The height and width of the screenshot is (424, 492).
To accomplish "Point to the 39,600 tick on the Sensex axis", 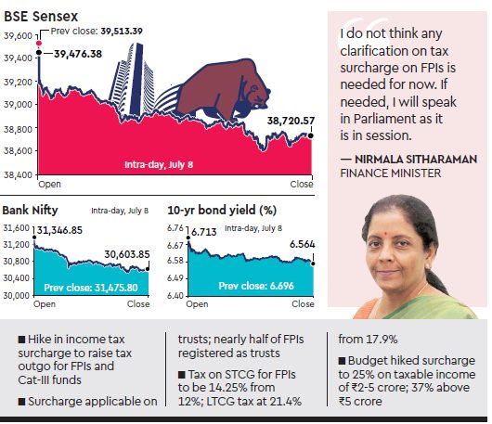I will [x=19, y=35].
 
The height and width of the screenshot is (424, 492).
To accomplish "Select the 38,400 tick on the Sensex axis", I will [x=19, y=173].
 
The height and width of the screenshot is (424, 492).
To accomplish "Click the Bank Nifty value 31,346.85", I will [x=67, y=229].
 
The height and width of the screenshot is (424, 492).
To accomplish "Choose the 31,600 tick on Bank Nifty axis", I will [x=16, y=227].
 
